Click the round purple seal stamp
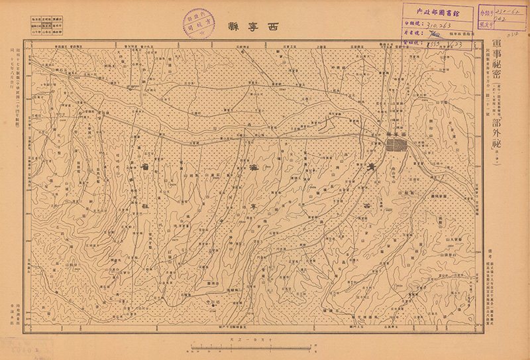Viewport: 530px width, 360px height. point(199,25)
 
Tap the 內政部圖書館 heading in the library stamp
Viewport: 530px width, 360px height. point(436,11)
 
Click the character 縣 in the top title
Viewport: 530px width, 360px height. point(233,27)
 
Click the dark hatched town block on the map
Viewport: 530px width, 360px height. point(397,145)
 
